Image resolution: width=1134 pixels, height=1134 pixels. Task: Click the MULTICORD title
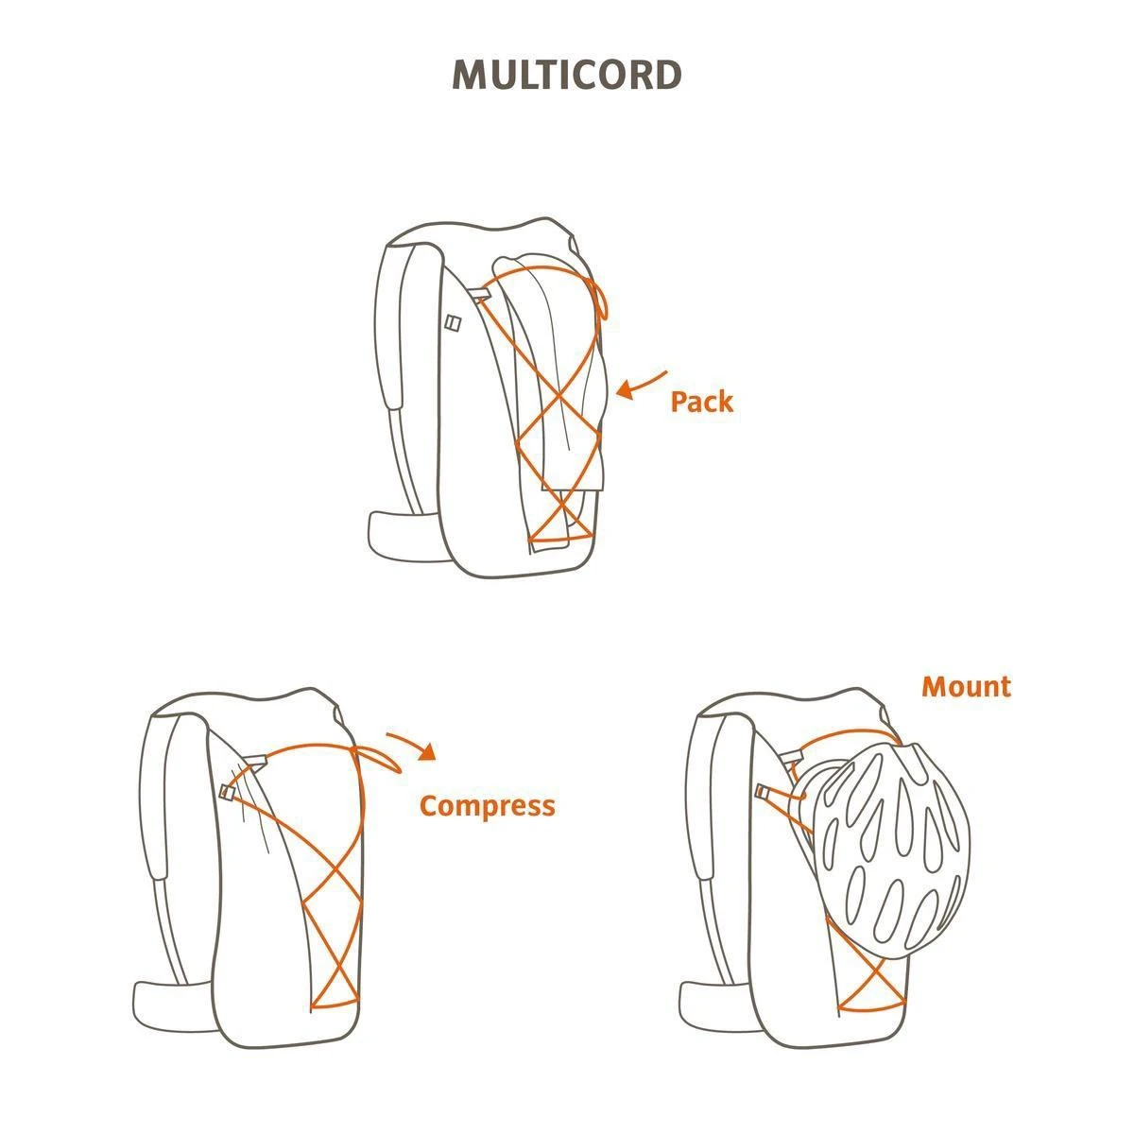point(567,75)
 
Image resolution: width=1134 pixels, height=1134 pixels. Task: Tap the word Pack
point(702,402)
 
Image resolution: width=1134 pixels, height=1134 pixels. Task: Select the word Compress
point(488,806)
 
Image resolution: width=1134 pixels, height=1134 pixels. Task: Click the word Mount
point(967,687)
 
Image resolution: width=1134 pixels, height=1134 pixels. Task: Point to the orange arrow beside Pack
point(641,386)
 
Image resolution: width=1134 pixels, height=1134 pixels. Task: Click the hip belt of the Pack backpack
point(406,537)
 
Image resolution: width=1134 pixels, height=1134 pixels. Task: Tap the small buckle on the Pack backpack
point(452,323)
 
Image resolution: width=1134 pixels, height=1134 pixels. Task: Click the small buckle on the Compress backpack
point(226,792)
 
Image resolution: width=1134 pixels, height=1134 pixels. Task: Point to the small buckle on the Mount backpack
point(763,792)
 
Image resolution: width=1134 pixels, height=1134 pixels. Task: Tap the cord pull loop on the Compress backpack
point(377,759)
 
